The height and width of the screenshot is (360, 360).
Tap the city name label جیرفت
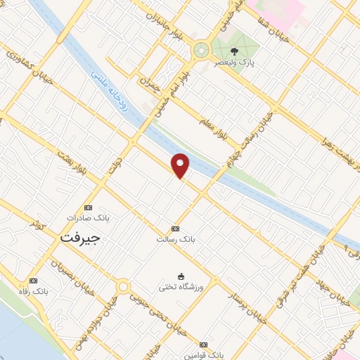(79, 238)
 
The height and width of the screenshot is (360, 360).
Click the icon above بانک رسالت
(175, 229)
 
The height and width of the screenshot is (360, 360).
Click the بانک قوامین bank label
(204, 356)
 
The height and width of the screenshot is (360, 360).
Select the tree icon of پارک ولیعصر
(235, 51)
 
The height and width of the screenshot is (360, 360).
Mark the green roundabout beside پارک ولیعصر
(201, 50)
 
